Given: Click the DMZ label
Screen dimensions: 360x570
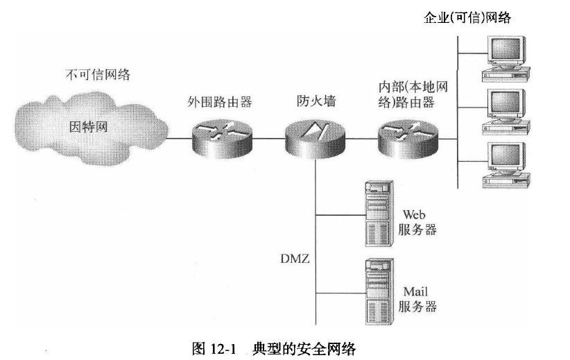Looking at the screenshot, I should (x=295, y=259).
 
